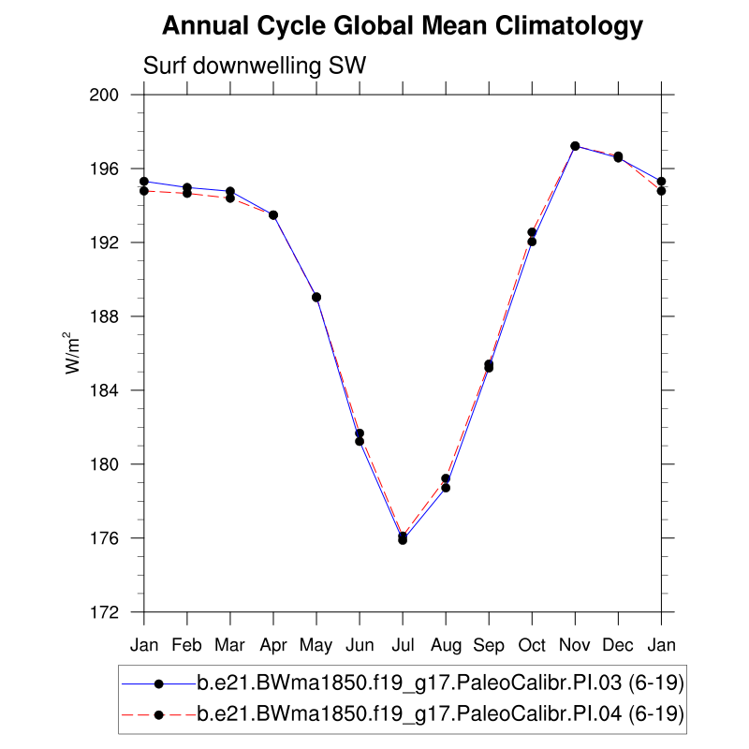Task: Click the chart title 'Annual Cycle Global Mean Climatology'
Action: coord(403,26)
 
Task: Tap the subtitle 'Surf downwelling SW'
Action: coord(254,66)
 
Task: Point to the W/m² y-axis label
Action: coord(71,353)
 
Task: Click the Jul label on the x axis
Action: coord(403,646)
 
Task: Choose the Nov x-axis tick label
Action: coord(575,646)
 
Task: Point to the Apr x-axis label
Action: coord(273,646)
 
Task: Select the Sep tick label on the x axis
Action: coord(489,646)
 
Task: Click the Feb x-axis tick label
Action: coord(187,646)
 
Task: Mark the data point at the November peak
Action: coord(575,146)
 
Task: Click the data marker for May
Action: coord(316,297)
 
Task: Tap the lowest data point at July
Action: coord(403,539)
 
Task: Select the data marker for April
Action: coord(273,215)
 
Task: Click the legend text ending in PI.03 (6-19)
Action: coord(440,684)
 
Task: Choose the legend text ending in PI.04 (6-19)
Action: coord(440,714)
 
